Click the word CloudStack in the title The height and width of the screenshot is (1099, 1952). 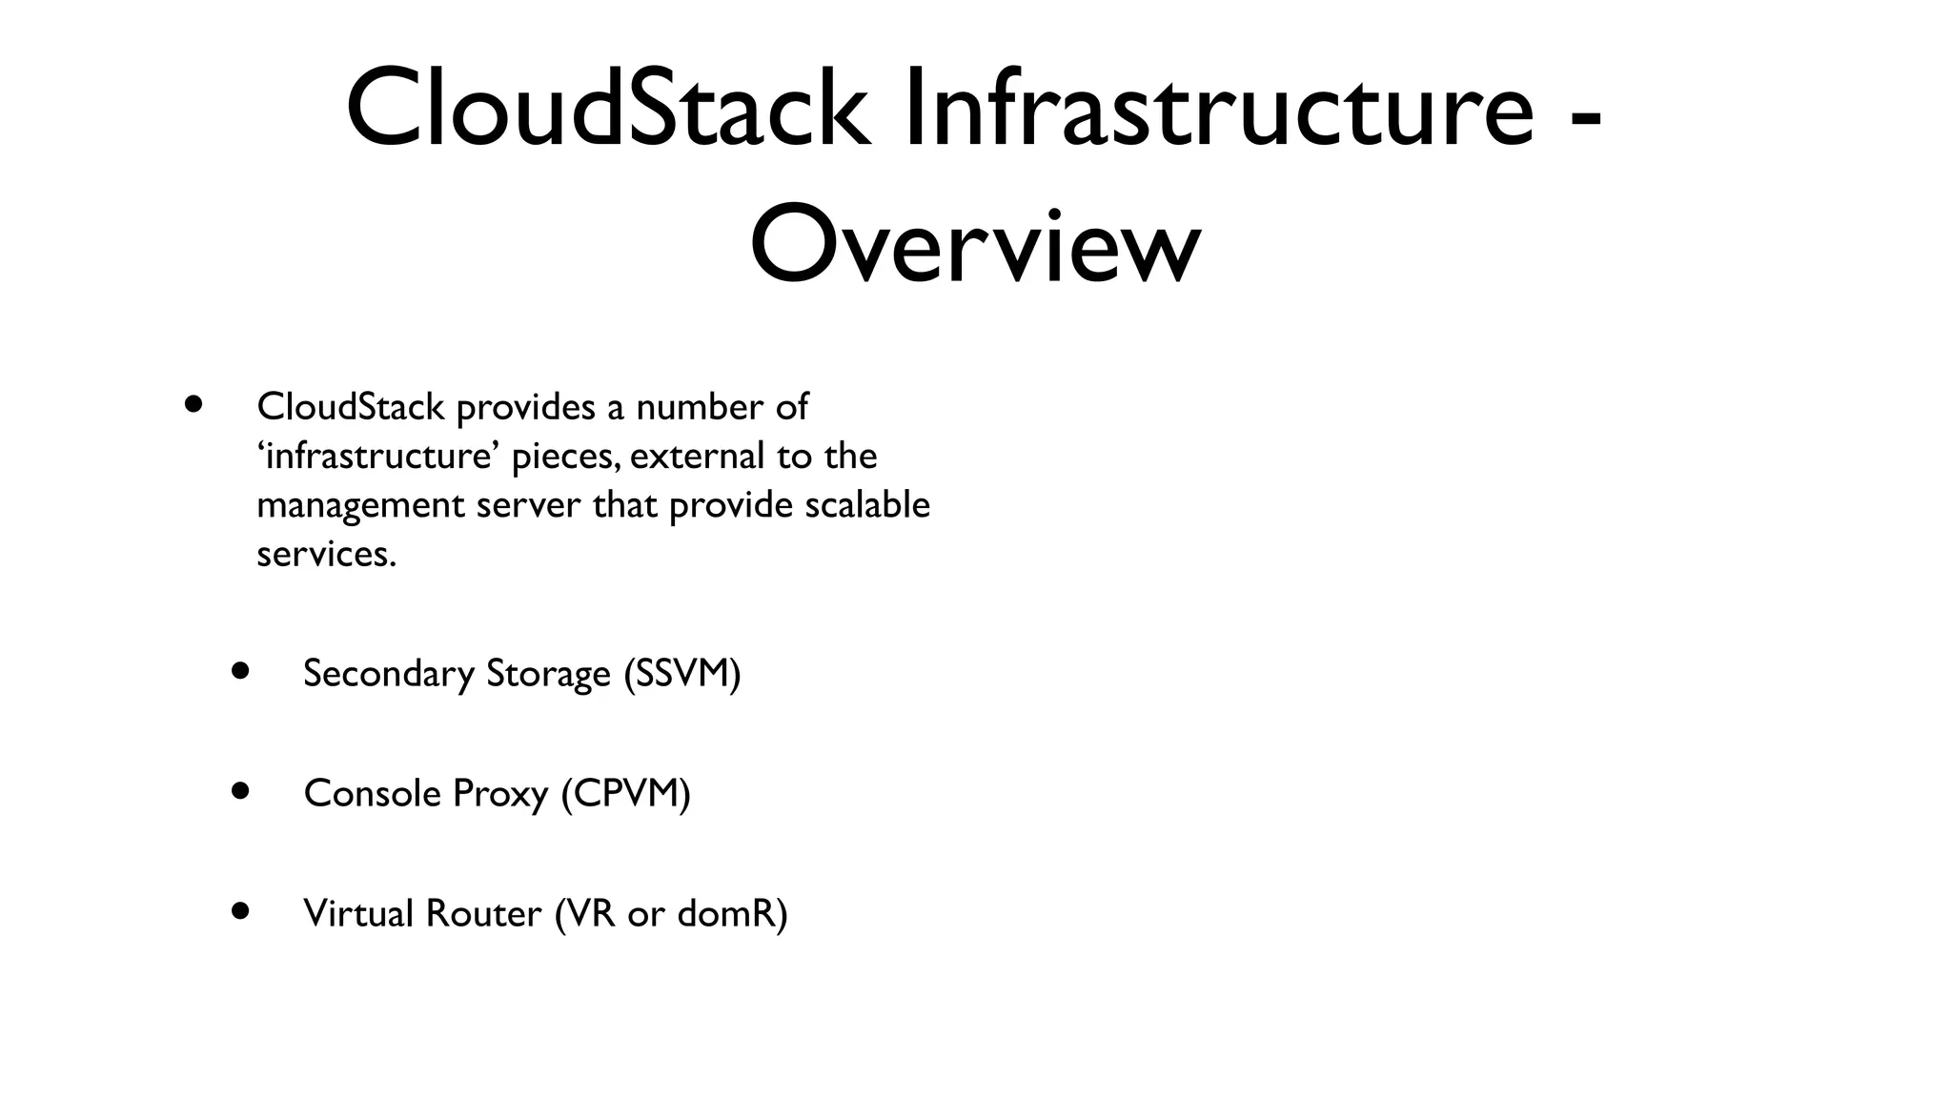click(x=607, y=109)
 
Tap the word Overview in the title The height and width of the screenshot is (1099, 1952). click(x=974, y=245)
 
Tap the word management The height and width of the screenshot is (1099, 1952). click(x=360, y=506)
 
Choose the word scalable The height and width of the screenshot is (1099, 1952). click(x=866, y=504)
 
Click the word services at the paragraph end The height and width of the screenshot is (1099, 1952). click(x=325, y=554)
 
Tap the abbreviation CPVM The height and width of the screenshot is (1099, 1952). click(x=625, y=793)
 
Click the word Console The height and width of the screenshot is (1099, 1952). click(x=373, y=793)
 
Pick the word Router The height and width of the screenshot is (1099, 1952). click(x=483, y=913)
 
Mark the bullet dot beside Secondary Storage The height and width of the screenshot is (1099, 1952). click(x=240, y=671)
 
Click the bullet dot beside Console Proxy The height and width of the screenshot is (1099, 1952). click(x=240, y=791)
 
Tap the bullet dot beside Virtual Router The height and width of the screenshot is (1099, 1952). click(x=240, y=911)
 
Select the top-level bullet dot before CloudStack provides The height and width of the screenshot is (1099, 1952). click(x=194, y=404)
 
